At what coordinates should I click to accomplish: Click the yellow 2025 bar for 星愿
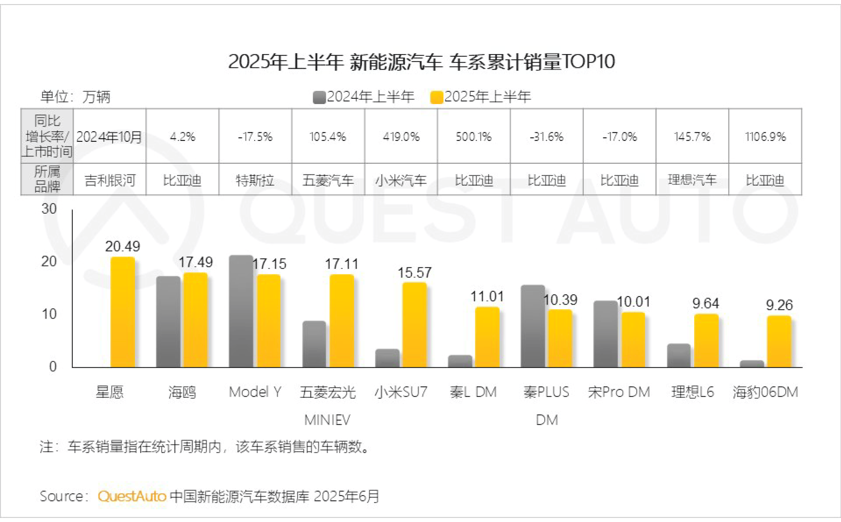click(123, 312)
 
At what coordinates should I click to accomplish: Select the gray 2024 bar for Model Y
click(241, 311)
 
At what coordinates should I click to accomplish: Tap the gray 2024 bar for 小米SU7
click(387, 358)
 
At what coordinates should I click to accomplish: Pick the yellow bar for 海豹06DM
click(779, 342)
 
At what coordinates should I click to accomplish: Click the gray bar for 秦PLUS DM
click(533, 326)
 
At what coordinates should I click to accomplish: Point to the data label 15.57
click(414, 273)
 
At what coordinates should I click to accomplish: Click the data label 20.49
click(122, 246)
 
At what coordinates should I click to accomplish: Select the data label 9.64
click(705, 304)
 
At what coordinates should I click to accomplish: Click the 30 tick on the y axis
click(49, 209)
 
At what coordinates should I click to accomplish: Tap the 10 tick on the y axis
click(49, 314)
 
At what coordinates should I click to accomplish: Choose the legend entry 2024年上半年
click(364, 97)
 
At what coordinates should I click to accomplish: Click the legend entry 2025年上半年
click(481, 97)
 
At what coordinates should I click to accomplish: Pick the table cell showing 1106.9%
click(765, 137)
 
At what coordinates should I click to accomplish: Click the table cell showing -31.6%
click(547, 137)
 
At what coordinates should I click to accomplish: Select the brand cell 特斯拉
click(255, 180)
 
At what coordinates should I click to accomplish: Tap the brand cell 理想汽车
click(692, 180)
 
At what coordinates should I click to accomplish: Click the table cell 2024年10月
click(109, 137)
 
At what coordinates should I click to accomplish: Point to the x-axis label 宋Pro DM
click(619, 392)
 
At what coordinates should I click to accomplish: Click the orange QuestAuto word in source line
click(132, 496)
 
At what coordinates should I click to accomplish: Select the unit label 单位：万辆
click(75, 97)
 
